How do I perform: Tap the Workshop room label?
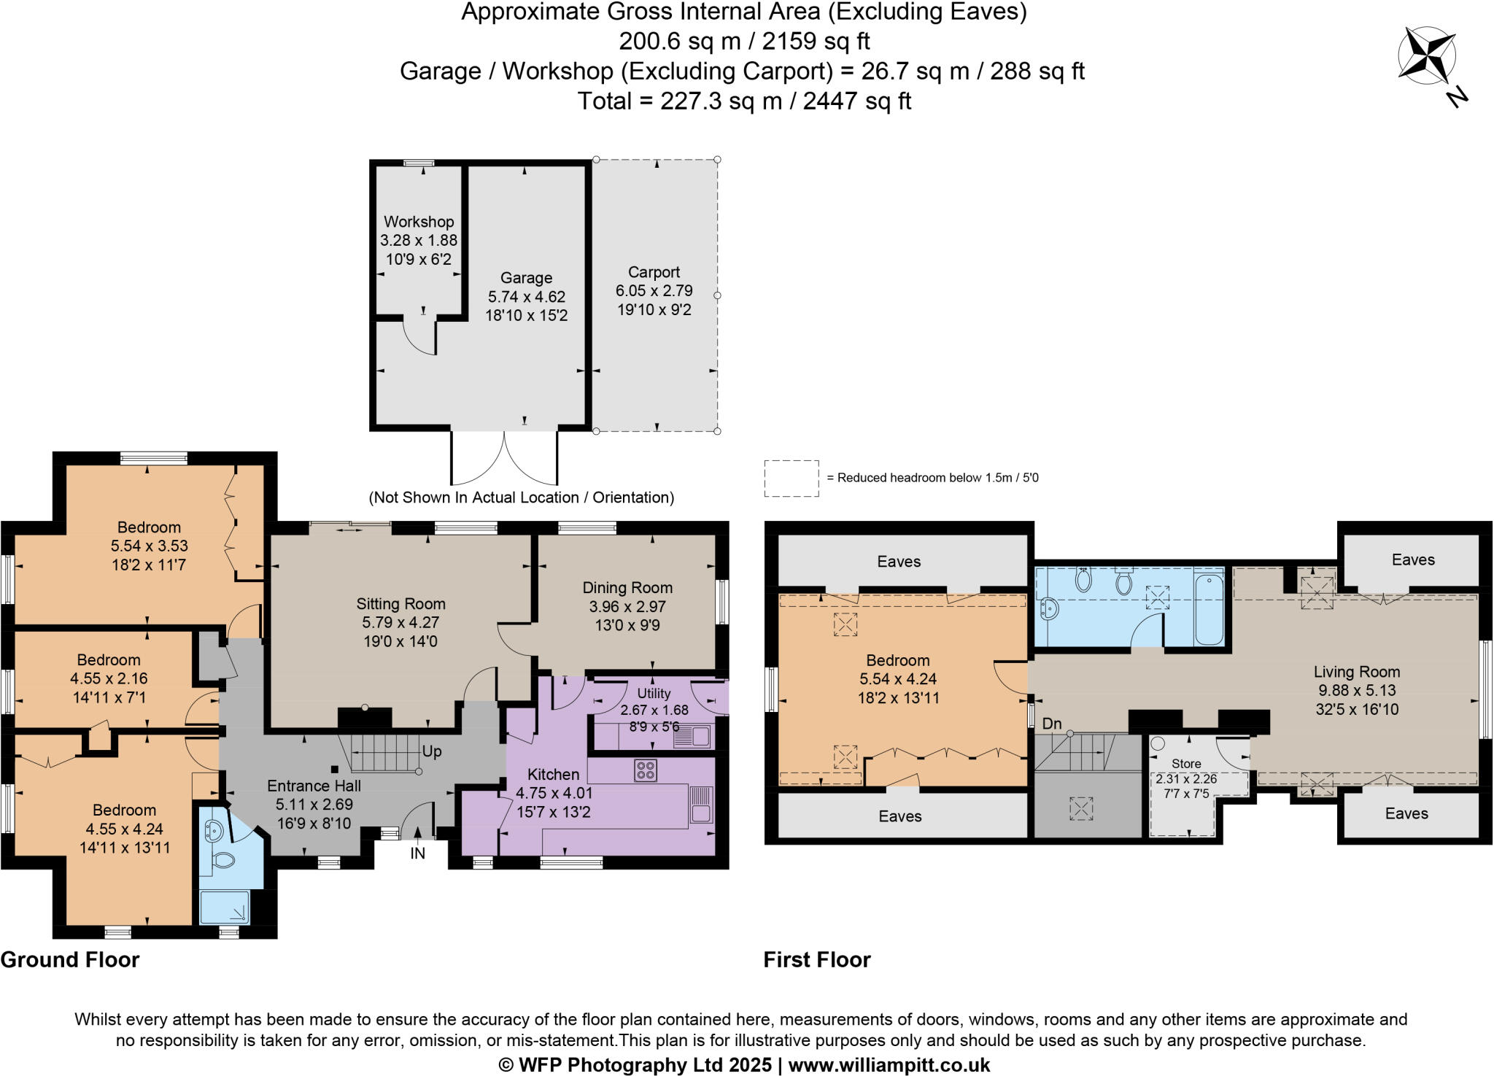click(419, 222)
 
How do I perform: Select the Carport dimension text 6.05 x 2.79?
click(654, 291)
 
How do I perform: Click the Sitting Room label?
click(400, 604)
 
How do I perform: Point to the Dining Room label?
click(627, 588)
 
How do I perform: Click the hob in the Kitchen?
click(646, 770)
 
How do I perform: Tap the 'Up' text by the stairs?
click(432, 751)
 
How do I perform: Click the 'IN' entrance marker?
click(417, 854)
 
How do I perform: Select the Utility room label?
click(654, 694)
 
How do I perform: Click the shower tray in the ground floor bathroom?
click(224, 907)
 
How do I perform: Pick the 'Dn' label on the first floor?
click(1052, 724)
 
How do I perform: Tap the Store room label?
click(1186, 764)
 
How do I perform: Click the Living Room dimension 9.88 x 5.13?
click(1357, 691)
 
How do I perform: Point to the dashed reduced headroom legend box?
click(791, 479)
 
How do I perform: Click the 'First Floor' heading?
click(817, 960)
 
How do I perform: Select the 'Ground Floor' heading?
click(70, 960)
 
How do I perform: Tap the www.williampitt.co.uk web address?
click(889, 1065)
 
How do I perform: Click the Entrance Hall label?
click(314, 786)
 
